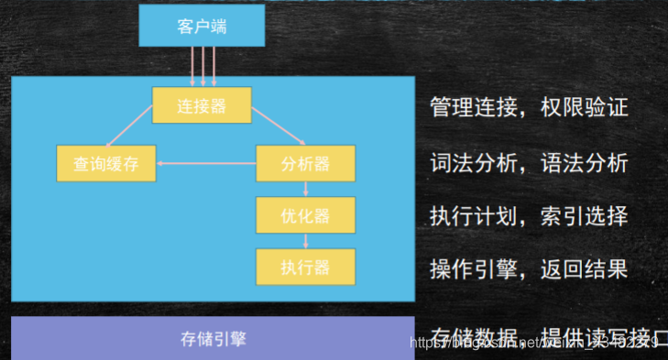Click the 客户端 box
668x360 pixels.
(x=202, y=26)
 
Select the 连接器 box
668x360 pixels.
(x=202, y=105)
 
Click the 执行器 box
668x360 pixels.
(x=305, y=267)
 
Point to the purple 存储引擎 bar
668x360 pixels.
(x=212, y=337)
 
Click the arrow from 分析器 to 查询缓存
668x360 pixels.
(x=206, y=163)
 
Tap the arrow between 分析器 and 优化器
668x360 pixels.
(x=305, y=189)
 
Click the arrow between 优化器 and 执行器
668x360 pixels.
(x=305, y=241)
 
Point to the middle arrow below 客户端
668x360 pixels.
(x=203, y=66)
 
